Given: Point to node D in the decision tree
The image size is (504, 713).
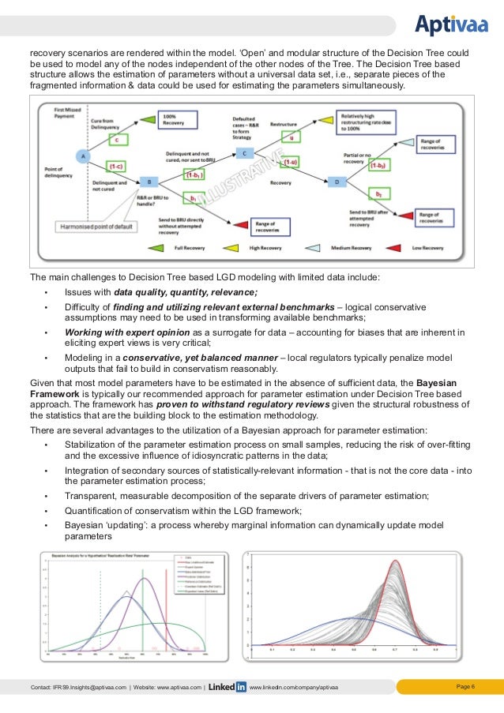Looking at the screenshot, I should tap(337, 182).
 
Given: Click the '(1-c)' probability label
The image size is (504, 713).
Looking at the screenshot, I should tap(115, 166).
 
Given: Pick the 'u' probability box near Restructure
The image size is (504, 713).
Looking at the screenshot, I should tap(291, 136).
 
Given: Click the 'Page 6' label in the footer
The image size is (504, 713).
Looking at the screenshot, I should tap(466, 686).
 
